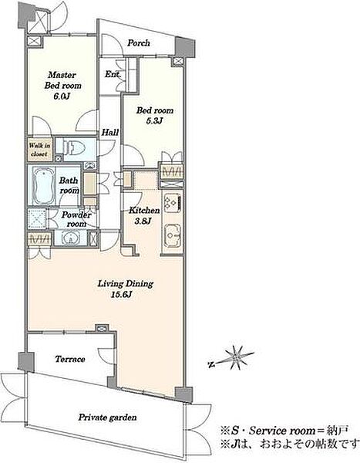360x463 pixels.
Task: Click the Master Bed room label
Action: coord(63,80)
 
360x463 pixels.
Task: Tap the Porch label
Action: coord(139,43)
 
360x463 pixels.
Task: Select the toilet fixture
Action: coord(74,147)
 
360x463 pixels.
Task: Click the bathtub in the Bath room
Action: coord(43,186)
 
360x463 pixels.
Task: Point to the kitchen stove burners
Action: coord(172,202)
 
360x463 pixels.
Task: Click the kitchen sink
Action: coord(173,235)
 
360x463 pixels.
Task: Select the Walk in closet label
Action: coord(39,150)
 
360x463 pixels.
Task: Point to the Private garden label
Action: coord(107,417)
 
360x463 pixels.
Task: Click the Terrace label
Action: coord(70,359)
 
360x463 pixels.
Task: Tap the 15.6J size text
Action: coord(121,295)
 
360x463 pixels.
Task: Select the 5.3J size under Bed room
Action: coord(155,121)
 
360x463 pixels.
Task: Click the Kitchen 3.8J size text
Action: coord(143,221)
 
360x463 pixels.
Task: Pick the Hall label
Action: coord(110,133)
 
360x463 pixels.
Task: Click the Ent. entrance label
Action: coord(112,74)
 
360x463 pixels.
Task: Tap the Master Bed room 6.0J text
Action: coord(62,96)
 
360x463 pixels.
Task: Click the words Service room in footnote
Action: coord(282,431)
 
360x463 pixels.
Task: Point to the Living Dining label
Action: coord(126,284)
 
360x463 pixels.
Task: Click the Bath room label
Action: coord(69,185)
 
